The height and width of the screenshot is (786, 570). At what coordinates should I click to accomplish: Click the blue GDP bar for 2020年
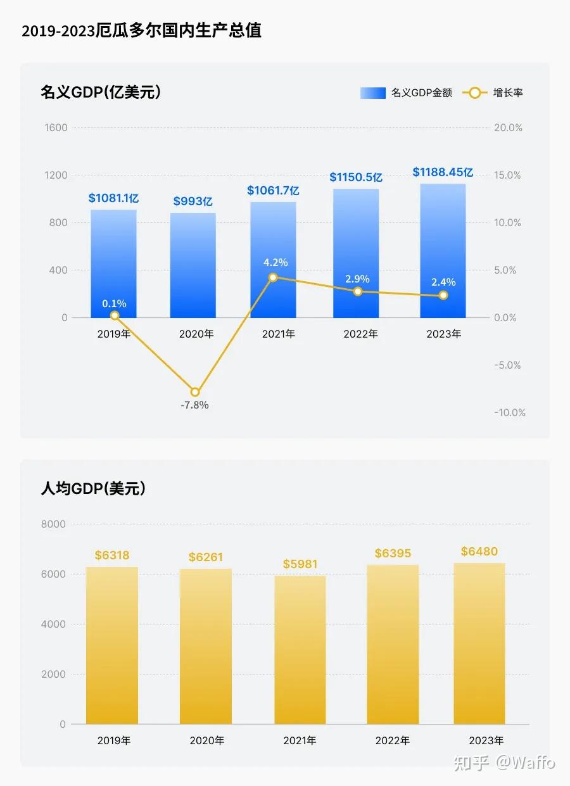(193, 266)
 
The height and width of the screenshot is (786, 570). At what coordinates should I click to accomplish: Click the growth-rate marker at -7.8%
(195, 392)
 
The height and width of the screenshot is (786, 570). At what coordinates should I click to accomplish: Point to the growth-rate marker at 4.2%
(273, 277)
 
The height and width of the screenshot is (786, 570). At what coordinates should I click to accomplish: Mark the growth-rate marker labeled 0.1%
(115, 315)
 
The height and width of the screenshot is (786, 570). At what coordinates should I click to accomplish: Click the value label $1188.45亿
(443, 172)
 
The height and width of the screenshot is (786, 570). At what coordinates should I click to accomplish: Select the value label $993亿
(193, 201)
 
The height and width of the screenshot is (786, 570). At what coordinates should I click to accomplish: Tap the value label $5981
(300, 564)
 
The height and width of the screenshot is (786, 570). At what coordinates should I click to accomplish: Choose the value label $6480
(479, 552)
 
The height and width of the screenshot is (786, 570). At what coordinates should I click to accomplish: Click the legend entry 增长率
(493, 93)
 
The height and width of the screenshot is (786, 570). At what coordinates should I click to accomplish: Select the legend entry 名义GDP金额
(407, 93)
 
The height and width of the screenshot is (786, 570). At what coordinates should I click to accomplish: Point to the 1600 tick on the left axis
(56, 128)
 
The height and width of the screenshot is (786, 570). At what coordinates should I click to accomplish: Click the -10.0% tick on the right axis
(510, 413)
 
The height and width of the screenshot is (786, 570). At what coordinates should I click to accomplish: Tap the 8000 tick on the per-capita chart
(54, 524)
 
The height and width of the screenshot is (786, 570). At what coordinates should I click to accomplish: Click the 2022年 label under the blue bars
(360, 334)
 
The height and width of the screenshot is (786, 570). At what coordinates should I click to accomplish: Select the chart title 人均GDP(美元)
(93, 489)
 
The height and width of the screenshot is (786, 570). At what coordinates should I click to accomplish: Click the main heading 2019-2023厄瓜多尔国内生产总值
(141, 31)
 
